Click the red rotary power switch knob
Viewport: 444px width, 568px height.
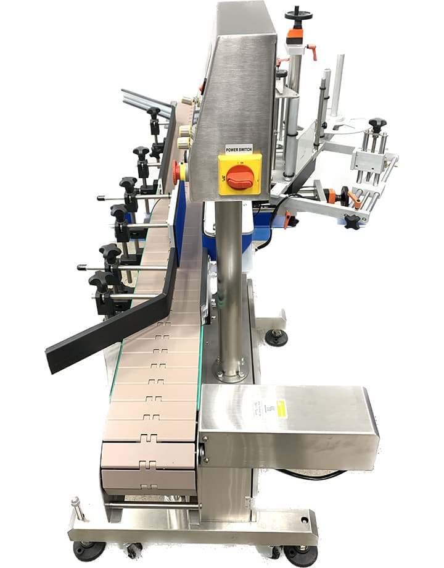240,177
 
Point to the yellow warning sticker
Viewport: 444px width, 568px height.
281,409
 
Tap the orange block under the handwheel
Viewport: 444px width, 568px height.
295,36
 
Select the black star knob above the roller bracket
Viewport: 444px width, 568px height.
377,124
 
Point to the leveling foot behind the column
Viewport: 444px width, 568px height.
276,336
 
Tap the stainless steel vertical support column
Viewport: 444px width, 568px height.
229,278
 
